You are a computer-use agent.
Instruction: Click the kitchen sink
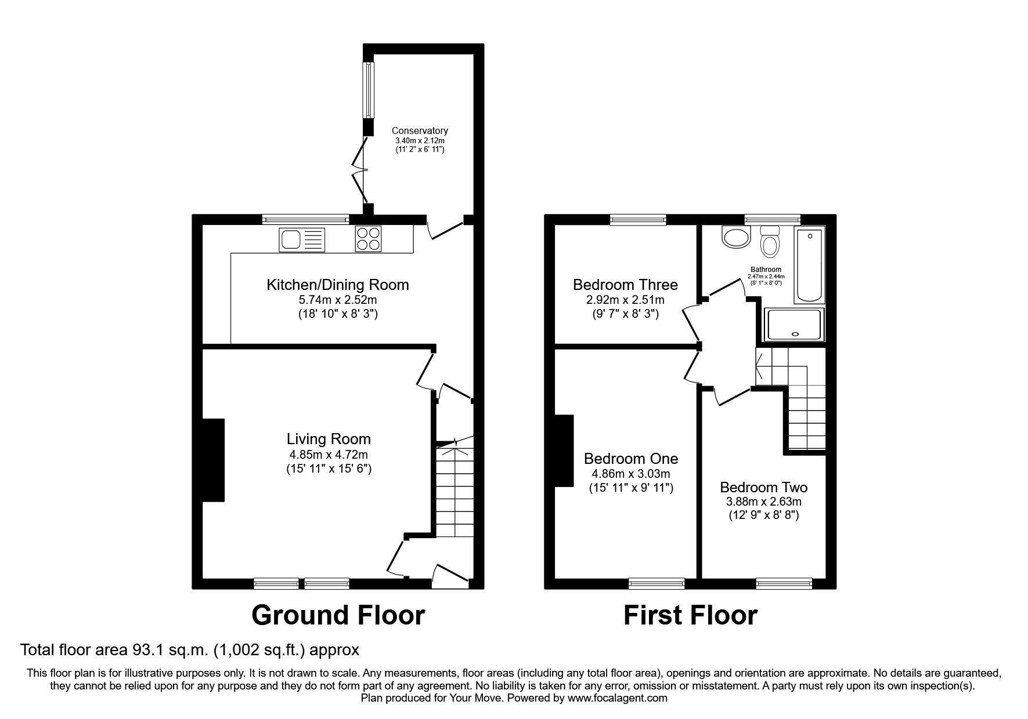[x=302, y=239]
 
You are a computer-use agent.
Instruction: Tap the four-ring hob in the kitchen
[x=368, y=238]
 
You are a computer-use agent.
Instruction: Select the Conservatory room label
[x=420, y=131]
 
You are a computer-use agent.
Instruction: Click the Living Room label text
[x=329, y=439]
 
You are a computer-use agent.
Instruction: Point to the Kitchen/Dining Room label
[x=337, y=285]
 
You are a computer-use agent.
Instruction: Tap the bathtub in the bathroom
[x=810, y=266]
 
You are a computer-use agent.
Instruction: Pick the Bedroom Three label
[x=625, y=285]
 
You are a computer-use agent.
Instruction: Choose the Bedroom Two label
[x=764, y=487]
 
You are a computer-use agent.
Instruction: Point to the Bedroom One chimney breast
[x=564, y=451]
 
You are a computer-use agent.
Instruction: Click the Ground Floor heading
[x=338, y=615]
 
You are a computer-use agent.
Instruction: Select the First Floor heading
[x=690, y=615]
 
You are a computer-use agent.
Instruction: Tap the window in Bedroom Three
[x=638, y=219]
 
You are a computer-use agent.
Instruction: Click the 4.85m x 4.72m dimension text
[x=329, y=454]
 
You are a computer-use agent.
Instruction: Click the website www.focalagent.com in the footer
[x=618, y=698]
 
